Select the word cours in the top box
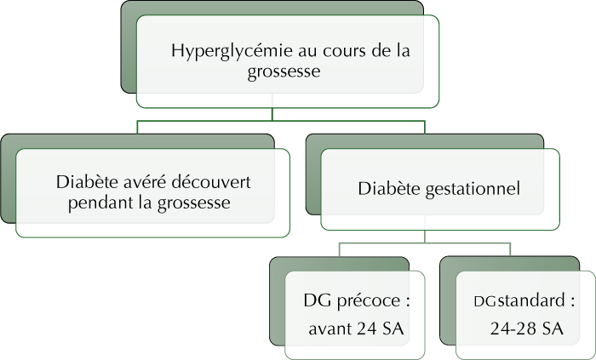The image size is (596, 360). [339, 51]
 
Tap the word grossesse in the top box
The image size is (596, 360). [284, 71]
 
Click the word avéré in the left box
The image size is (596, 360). [146, 182]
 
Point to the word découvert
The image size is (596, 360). [210, 182]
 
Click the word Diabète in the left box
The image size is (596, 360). [88, 182]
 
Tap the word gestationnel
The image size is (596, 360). [473, 189]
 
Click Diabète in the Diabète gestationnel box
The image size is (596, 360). [389, 188]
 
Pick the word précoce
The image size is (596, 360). [369, 301]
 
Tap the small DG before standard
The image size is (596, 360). [485, 302]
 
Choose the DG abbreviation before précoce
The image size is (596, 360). [318, 300]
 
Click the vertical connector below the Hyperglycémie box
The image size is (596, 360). [272, 114]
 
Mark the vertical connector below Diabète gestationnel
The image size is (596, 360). [425, 237]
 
